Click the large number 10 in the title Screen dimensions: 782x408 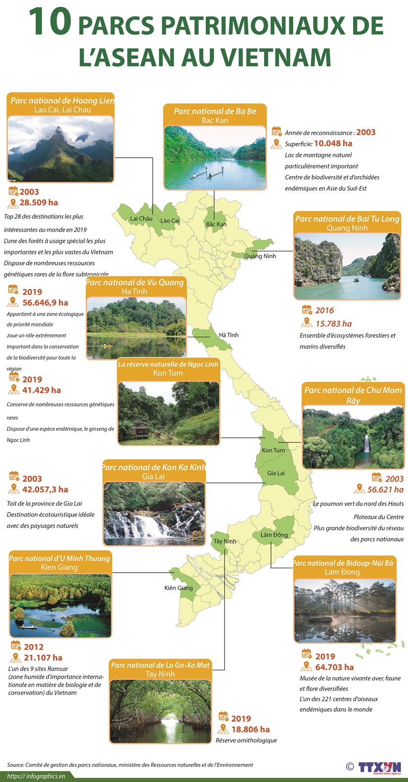50,23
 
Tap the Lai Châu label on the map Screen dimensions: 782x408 141,219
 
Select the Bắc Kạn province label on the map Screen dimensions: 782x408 216,224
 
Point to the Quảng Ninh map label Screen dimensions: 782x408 260,256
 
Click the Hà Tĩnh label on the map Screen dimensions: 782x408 228,335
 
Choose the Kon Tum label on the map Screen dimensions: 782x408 273,450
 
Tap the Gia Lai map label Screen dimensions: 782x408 276,473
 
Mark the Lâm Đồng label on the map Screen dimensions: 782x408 274,535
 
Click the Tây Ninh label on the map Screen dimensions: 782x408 225,541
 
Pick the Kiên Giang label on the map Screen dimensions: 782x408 179,588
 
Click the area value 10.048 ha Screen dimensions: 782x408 333,143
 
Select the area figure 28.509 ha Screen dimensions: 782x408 39,202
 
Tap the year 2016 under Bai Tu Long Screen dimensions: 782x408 324,311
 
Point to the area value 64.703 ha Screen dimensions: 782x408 334,667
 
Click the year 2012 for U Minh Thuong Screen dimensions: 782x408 34,647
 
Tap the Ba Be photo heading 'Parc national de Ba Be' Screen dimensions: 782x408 215,111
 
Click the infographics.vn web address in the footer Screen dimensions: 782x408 36,776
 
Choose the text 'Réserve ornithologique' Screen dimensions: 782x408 246,740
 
